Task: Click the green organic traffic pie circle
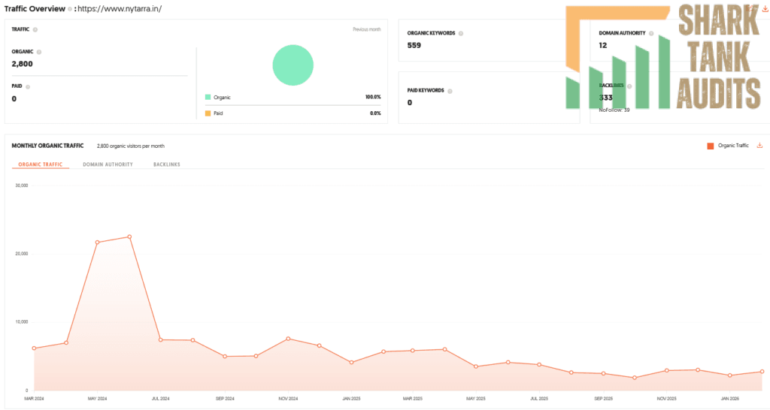point(293,65)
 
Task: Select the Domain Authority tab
point(108,164)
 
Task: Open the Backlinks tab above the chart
point(166,164)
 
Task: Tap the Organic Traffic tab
point(39,164)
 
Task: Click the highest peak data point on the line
point(129,237)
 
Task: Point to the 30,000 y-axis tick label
point(21,185)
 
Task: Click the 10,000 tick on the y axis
point(21,322)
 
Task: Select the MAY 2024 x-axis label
point(97,399)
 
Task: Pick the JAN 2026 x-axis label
point(730,399)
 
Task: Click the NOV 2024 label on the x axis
point(288,399)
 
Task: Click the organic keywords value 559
point(414,45)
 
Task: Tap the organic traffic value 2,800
point(22,64)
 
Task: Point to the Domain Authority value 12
point(603,45)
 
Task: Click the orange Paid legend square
point(208,113)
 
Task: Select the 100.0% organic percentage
point(372,98)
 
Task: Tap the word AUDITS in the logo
point(718,95)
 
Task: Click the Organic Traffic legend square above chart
point(710,146)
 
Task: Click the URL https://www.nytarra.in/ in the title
point(120,9)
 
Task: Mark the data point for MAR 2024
point(34,348)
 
